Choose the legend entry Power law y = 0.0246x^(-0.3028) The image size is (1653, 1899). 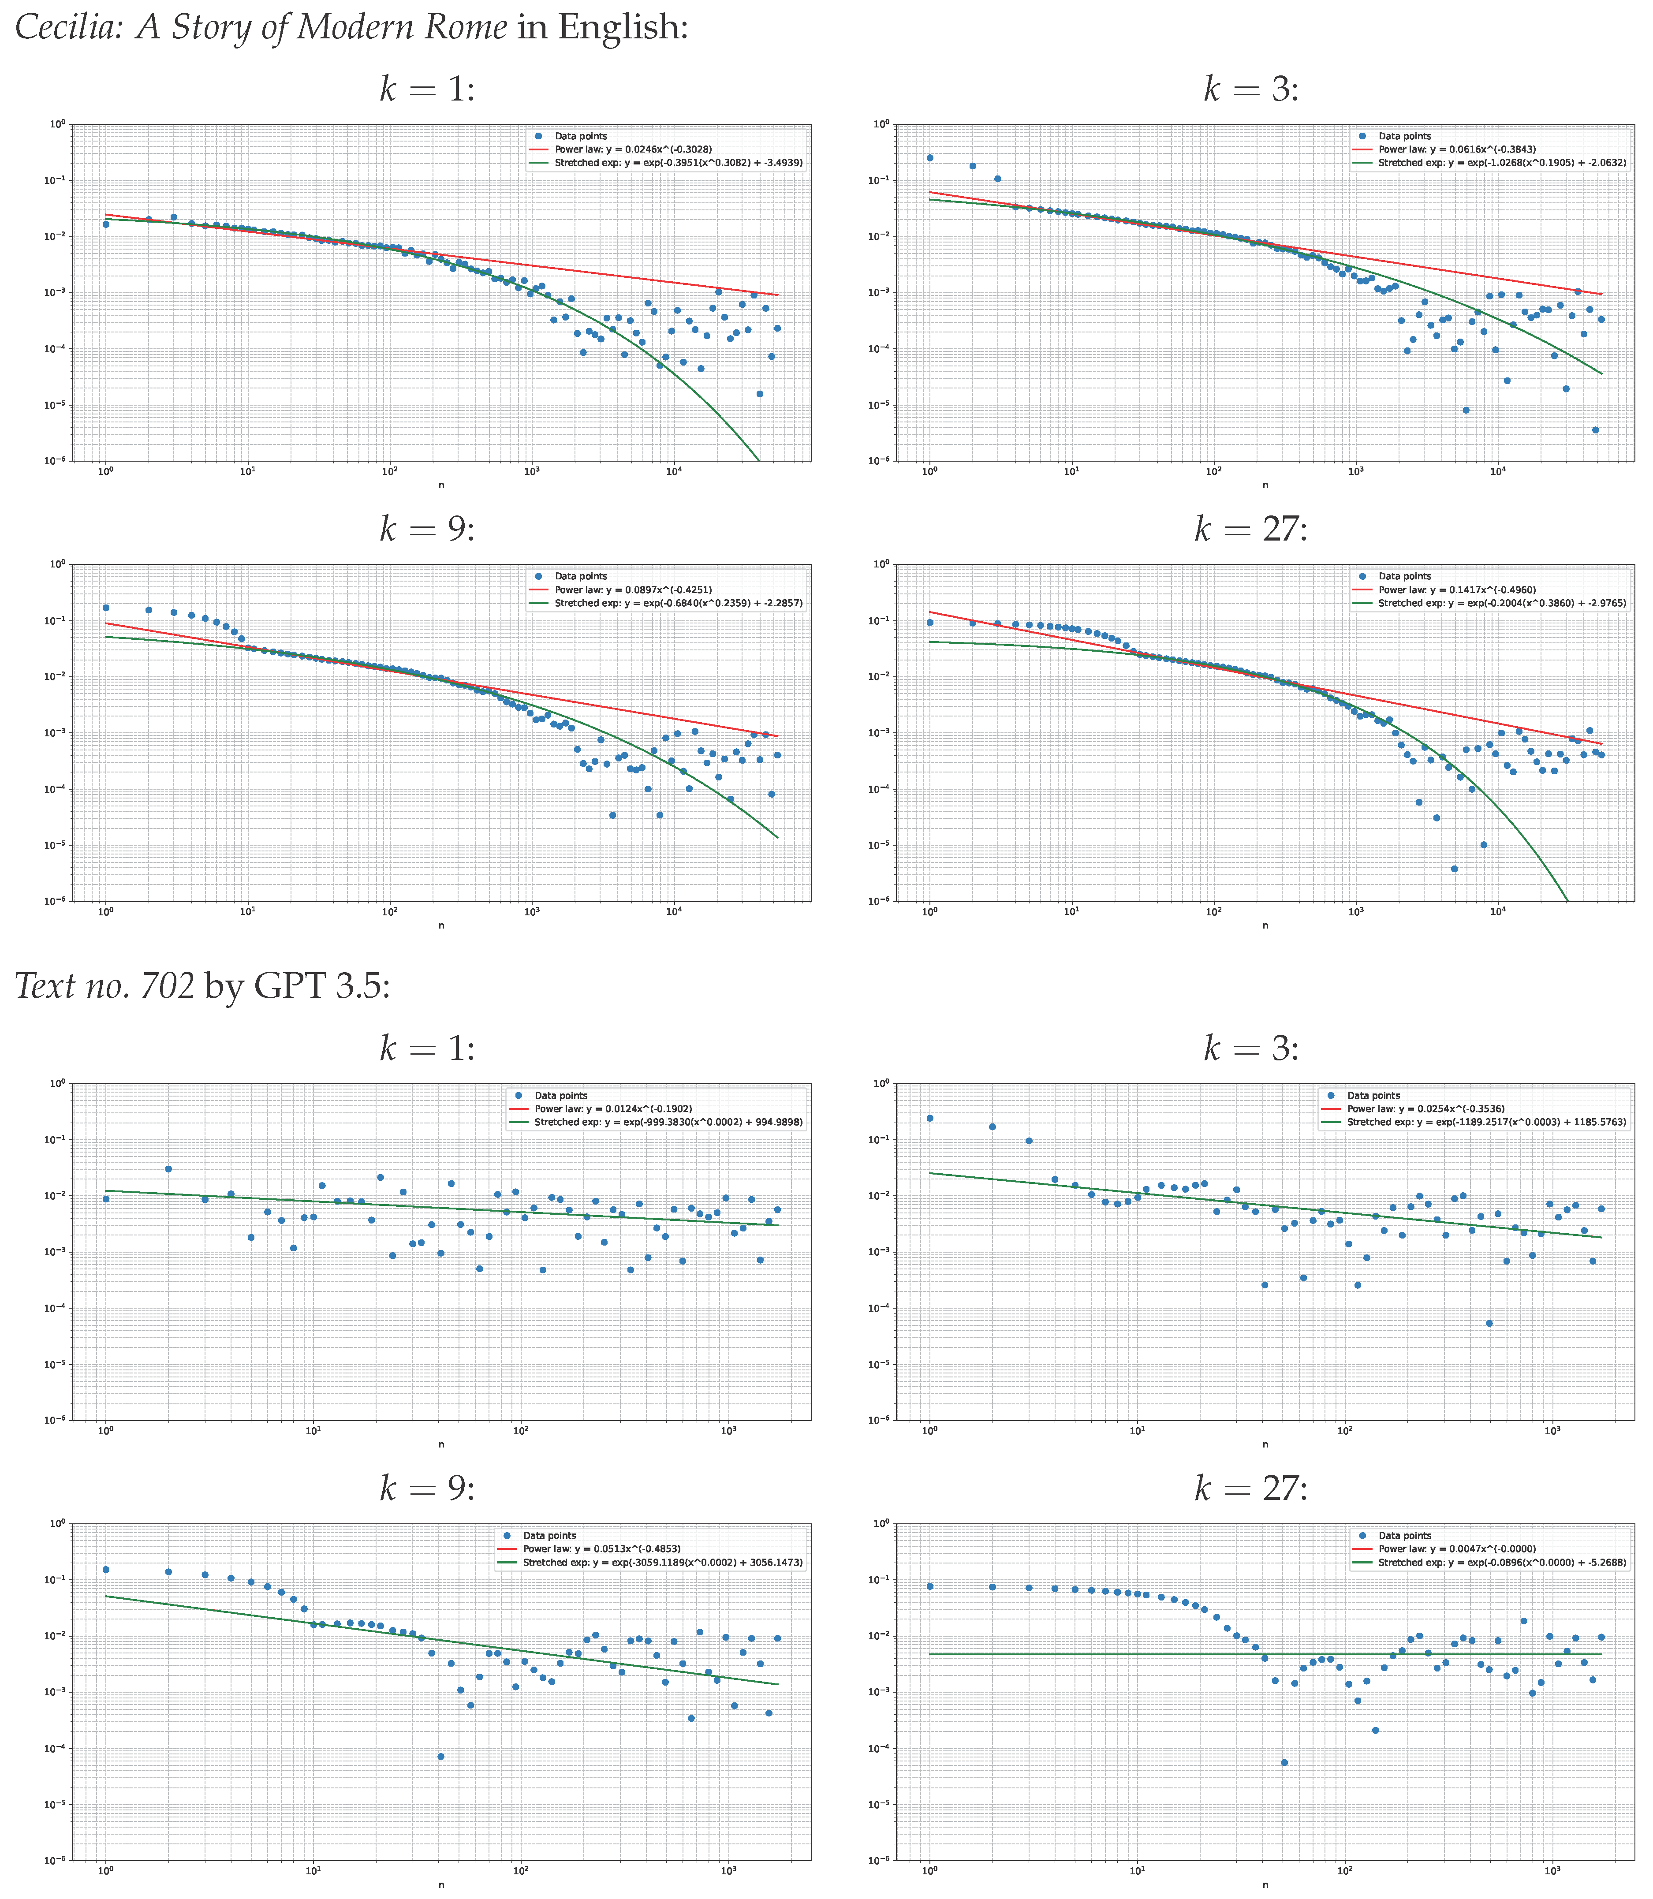(x=633, y=149)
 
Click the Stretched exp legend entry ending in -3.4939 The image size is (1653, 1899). (x=678, y=162)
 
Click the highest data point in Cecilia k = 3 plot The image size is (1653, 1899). (x=930, y=158)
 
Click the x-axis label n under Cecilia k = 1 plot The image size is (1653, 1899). (x=441, y=485)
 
